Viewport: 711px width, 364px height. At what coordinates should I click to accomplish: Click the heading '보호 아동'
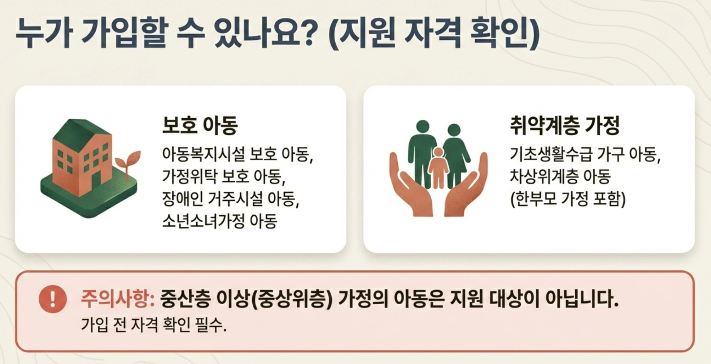point(200,125)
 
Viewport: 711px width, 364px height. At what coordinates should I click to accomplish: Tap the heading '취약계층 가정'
point(564,125)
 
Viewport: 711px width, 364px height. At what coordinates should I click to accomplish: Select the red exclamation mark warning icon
point(53,299)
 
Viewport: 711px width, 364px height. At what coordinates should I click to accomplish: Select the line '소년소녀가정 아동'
point(220,221)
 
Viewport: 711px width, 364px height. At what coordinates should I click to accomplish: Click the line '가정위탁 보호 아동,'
point(224,176)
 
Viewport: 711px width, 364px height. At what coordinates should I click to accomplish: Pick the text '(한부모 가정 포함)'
point(567,199)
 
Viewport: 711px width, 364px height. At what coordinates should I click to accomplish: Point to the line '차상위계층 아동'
point(560,176)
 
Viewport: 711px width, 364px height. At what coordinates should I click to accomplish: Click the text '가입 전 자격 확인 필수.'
point(154,325)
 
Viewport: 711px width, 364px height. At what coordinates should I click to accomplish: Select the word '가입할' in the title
point(125,33)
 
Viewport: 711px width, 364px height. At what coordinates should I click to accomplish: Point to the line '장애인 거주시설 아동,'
point(231,199)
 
